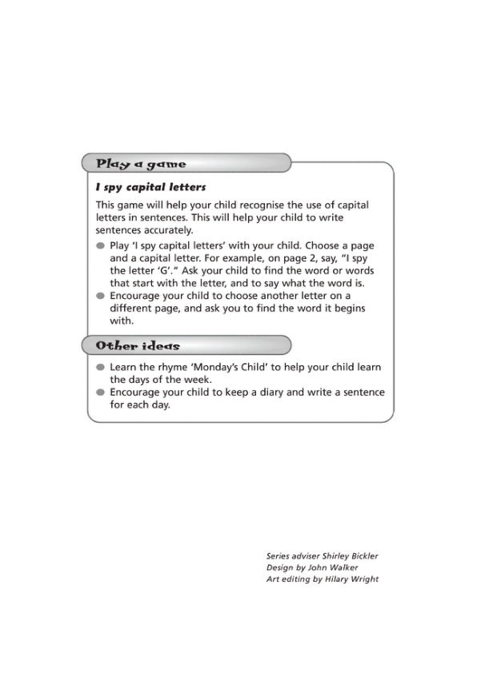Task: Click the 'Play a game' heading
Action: tap(141, 164)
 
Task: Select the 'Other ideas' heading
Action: tap(138, 346)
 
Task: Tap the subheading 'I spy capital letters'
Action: tap(150, 188)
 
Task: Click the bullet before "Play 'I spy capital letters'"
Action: tap(100, 245)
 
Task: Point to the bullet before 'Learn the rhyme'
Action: tap(100, 368)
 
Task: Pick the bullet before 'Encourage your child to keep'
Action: tap(100, 392)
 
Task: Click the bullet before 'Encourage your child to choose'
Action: tap(100, 295)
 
